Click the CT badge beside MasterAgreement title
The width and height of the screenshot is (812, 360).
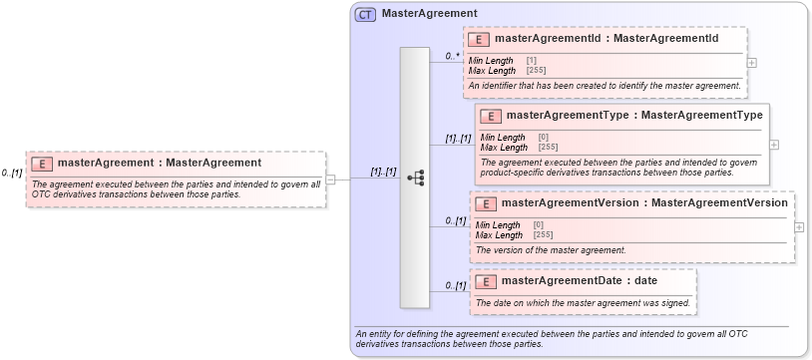(x=366, y=14)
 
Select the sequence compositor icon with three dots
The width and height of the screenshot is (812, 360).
(x=416, y=178)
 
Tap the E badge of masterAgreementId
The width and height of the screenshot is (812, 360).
(x=479, y=39)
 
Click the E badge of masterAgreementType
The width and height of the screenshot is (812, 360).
(x=491, y=116)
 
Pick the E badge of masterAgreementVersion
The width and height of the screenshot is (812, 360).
(x=487, y=203)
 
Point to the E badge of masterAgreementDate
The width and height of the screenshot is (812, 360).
(x=486, y=280)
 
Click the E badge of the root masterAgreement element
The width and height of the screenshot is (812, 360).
(x=42, y=163)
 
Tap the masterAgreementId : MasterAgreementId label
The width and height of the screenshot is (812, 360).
(x=607, y=39)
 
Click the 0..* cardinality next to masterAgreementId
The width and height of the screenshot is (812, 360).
(x=453, y=57)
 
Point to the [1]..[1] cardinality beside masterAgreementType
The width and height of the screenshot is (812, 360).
(x=458, y=139)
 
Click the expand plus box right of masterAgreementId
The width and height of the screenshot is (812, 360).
(x=751, y=62)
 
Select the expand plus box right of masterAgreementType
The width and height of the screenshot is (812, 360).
(x=774, y=144)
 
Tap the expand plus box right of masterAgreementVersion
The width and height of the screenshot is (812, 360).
(x=799, y=226)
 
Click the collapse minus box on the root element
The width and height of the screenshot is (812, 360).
(x=331, y=180)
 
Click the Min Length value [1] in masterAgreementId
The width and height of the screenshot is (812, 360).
(x=531, y=61)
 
